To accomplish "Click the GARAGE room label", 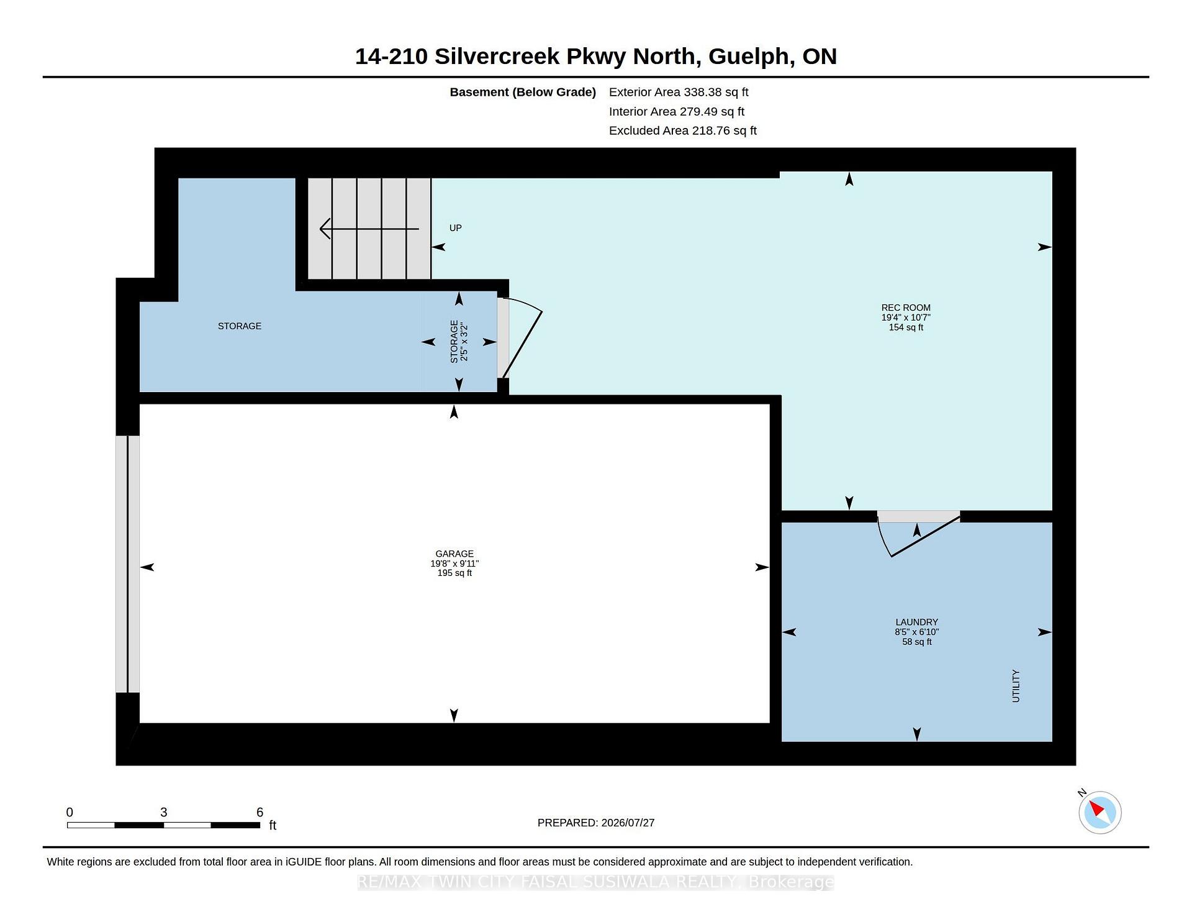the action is click(454, 554).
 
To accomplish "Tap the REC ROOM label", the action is click(906, 308).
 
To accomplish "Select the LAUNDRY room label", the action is click(916, 622).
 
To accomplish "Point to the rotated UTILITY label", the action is click(1016, 686).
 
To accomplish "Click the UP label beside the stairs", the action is click(456, 228).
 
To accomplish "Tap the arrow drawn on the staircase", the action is click(369, 229).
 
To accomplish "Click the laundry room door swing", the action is click(918, 534).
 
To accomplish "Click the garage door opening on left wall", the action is click(128, 564).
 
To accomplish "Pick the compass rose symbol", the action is click(1099, 812).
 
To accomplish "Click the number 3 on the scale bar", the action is click(164, 812).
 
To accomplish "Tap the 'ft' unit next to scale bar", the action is click(273, 825).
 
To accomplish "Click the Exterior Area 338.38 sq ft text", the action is click(679, 92).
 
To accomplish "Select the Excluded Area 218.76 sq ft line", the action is click(683, 130).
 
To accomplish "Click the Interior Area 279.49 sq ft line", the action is click(677, 111).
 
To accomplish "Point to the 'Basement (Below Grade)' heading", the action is click(523, 92).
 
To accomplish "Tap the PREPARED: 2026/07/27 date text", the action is click(596, 823).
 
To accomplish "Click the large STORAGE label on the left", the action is click(240, 326).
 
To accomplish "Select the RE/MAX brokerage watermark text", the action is click(596, 882).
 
